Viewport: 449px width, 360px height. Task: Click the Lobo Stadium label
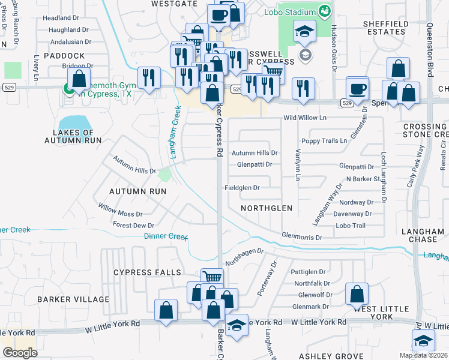pyautogui.click(x=291, y=12)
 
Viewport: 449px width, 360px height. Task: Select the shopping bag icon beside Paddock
pyautogui.click(x=79, y=78)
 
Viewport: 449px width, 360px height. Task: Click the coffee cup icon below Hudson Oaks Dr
pyautogui.click(x=357, y=88)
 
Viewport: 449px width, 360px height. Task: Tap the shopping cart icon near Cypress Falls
pyautogui.click(x=211, y=277)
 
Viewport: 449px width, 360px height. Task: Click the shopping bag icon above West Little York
pyautogui.click(x=357, y=293)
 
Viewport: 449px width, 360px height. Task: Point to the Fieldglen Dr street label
pyautogui.click(x=241, y=188)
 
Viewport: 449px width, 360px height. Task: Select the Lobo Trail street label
pyautogui.click(x=351, y=226)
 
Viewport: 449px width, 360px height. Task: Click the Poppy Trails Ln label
pyautogui.click(x=324, y=141)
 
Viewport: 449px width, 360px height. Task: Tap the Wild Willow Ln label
pyautogui.click(x=305, y=118)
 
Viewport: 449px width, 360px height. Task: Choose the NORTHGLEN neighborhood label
pyautogui.click(x=266, y=208)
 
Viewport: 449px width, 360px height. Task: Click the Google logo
pyautogui.click(x=20, y=353)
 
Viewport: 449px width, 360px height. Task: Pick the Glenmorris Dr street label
pyautogui.click(x=302, y=237)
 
